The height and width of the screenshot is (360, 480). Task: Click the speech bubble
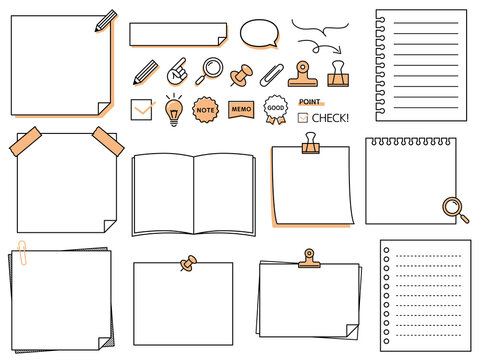coord(259,33)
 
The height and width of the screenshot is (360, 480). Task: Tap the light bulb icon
coord(174,110)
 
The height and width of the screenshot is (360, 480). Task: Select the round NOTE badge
coord(205,110)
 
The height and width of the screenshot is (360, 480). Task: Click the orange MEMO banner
coord(241,109)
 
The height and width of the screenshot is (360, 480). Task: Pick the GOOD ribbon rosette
coord(276,109)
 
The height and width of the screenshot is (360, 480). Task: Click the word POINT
coord(310,102)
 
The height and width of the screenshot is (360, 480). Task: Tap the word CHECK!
coord(330,118)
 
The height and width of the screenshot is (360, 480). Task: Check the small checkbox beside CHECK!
coord(303,118)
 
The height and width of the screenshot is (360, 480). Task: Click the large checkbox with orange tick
coord(142,109)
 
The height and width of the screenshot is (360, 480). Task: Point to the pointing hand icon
coord(177,72)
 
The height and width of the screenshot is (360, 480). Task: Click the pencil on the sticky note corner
coord(106,21)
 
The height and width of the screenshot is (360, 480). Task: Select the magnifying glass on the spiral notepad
coord(455,210)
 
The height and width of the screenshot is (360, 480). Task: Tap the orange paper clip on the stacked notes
coord(22,253)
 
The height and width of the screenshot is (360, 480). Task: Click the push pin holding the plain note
coord(188,263)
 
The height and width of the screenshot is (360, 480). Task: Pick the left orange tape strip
coord(25,142)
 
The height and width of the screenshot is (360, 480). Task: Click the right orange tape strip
coord(108,141)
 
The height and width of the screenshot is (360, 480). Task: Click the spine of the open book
coord(194,195)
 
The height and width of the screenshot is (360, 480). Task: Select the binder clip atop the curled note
coord(311,143)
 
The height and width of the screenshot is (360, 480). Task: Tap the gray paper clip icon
coord(272,75)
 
